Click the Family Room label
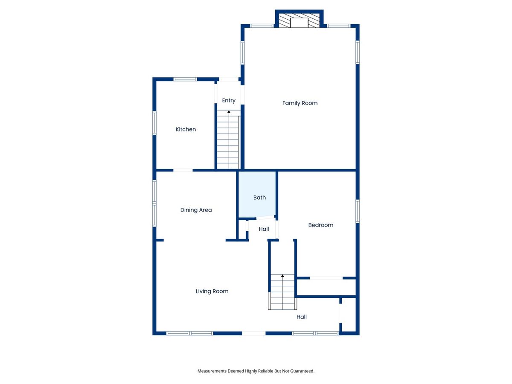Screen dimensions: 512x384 point(300,103)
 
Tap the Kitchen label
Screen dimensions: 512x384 point(186,129)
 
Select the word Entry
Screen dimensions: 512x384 point(229,101)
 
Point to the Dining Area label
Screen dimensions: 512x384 point(196,210)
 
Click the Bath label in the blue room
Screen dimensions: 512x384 point(259,198)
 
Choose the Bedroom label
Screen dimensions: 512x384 point(321,225)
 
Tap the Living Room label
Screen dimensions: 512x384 point(212,291)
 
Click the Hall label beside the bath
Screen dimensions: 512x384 point(264,229)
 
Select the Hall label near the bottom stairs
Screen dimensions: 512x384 point(302,317)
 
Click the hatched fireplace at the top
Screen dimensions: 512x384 point(299,20)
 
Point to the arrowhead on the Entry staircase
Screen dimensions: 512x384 point(229,112)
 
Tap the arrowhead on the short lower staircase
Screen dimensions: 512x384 point(282,276)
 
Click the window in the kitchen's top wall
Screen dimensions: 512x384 point(185,79)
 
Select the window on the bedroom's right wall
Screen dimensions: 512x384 point(358,211)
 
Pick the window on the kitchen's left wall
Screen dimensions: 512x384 point(154,123)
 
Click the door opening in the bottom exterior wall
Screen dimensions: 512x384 point(253,333)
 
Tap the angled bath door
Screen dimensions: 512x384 point(265,218)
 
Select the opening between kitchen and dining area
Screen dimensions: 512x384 point(183,170)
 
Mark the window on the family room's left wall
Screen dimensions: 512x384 point(243,52)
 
